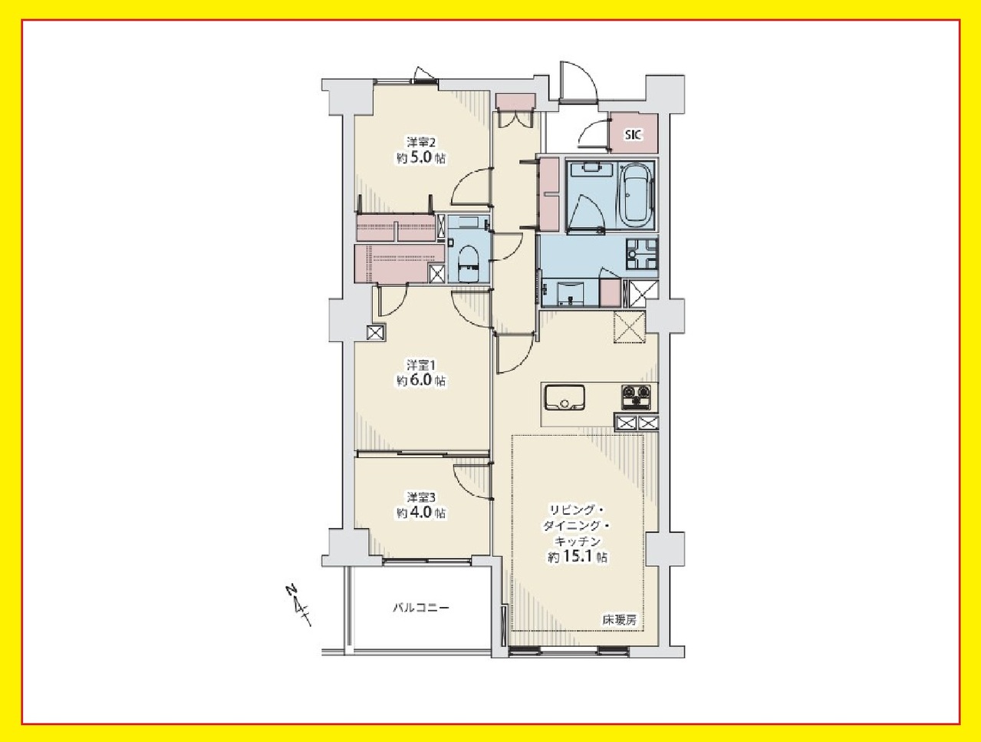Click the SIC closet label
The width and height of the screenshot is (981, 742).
pyautogui.click(x=633, y=134)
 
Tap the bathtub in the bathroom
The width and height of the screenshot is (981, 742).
pyautogui.click(x=636, y=196)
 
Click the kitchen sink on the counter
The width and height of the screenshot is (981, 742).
pyautogui.click(x=565, y=397)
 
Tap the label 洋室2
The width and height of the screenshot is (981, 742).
pyautogui.click(x=420, y=143)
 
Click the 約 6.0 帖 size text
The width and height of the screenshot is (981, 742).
pyautogui.click(x=420, y=381)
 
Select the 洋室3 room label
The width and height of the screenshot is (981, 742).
pyautogui.click(x=420, y=496)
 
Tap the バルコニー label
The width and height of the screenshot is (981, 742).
pyautogui.click(x=420, y=608)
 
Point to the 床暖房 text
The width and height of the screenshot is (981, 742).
pyautogui.click(x=619, y=621)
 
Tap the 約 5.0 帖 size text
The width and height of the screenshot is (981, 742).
pyautogui.click(x=420, y=158)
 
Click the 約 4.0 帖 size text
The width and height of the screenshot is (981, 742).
pyautogui.click(x=420, y=513)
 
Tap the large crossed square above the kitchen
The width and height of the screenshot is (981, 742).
pyautogui.click(x=629, y=327)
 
